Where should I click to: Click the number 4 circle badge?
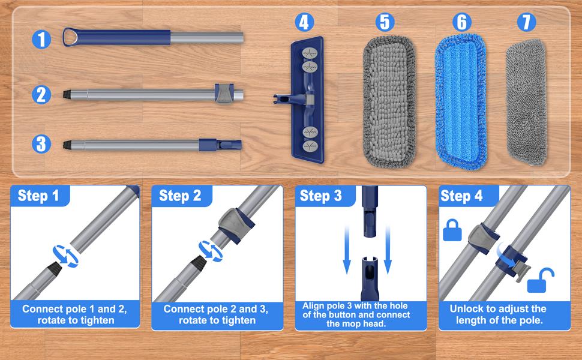[305, 23]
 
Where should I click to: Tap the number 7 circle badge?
[526, 23]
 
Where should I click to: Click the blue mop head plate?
[307, 99]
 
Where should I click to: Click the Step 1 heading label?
[39, 196]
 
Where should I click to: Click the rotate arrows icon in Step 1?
[64, 255]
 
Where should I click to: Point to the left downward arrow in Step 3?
[346, 249]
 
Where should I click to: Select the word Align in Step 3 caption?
[315, 306]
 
